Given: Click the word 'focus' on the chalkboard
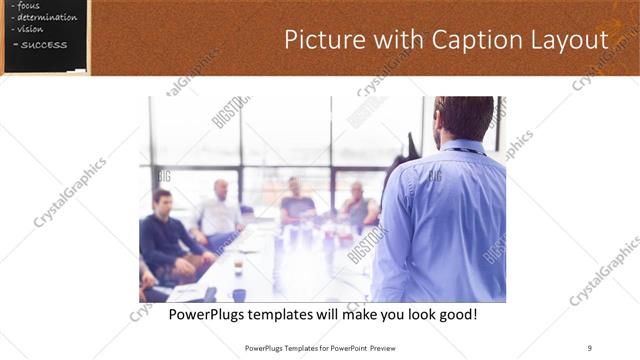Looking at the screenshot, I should (29, 6).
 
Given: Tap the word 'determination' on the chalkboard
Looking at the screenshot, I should (45, 18).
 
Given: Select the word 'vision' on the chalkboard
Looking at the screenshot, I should (31, 29).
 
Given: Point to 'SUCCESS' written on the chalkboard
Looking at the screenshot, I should (44, 44).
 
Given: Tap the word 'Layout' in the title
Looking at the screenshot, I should (569, 40).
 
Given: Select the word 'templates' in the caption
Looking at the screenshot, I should (296, 314).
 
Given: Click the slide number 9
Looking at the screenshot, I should (590, 348).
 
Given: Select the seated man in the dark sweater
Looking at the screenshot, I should (166, 235).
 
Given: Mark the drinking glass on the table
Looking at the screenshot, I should (238, 267).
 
